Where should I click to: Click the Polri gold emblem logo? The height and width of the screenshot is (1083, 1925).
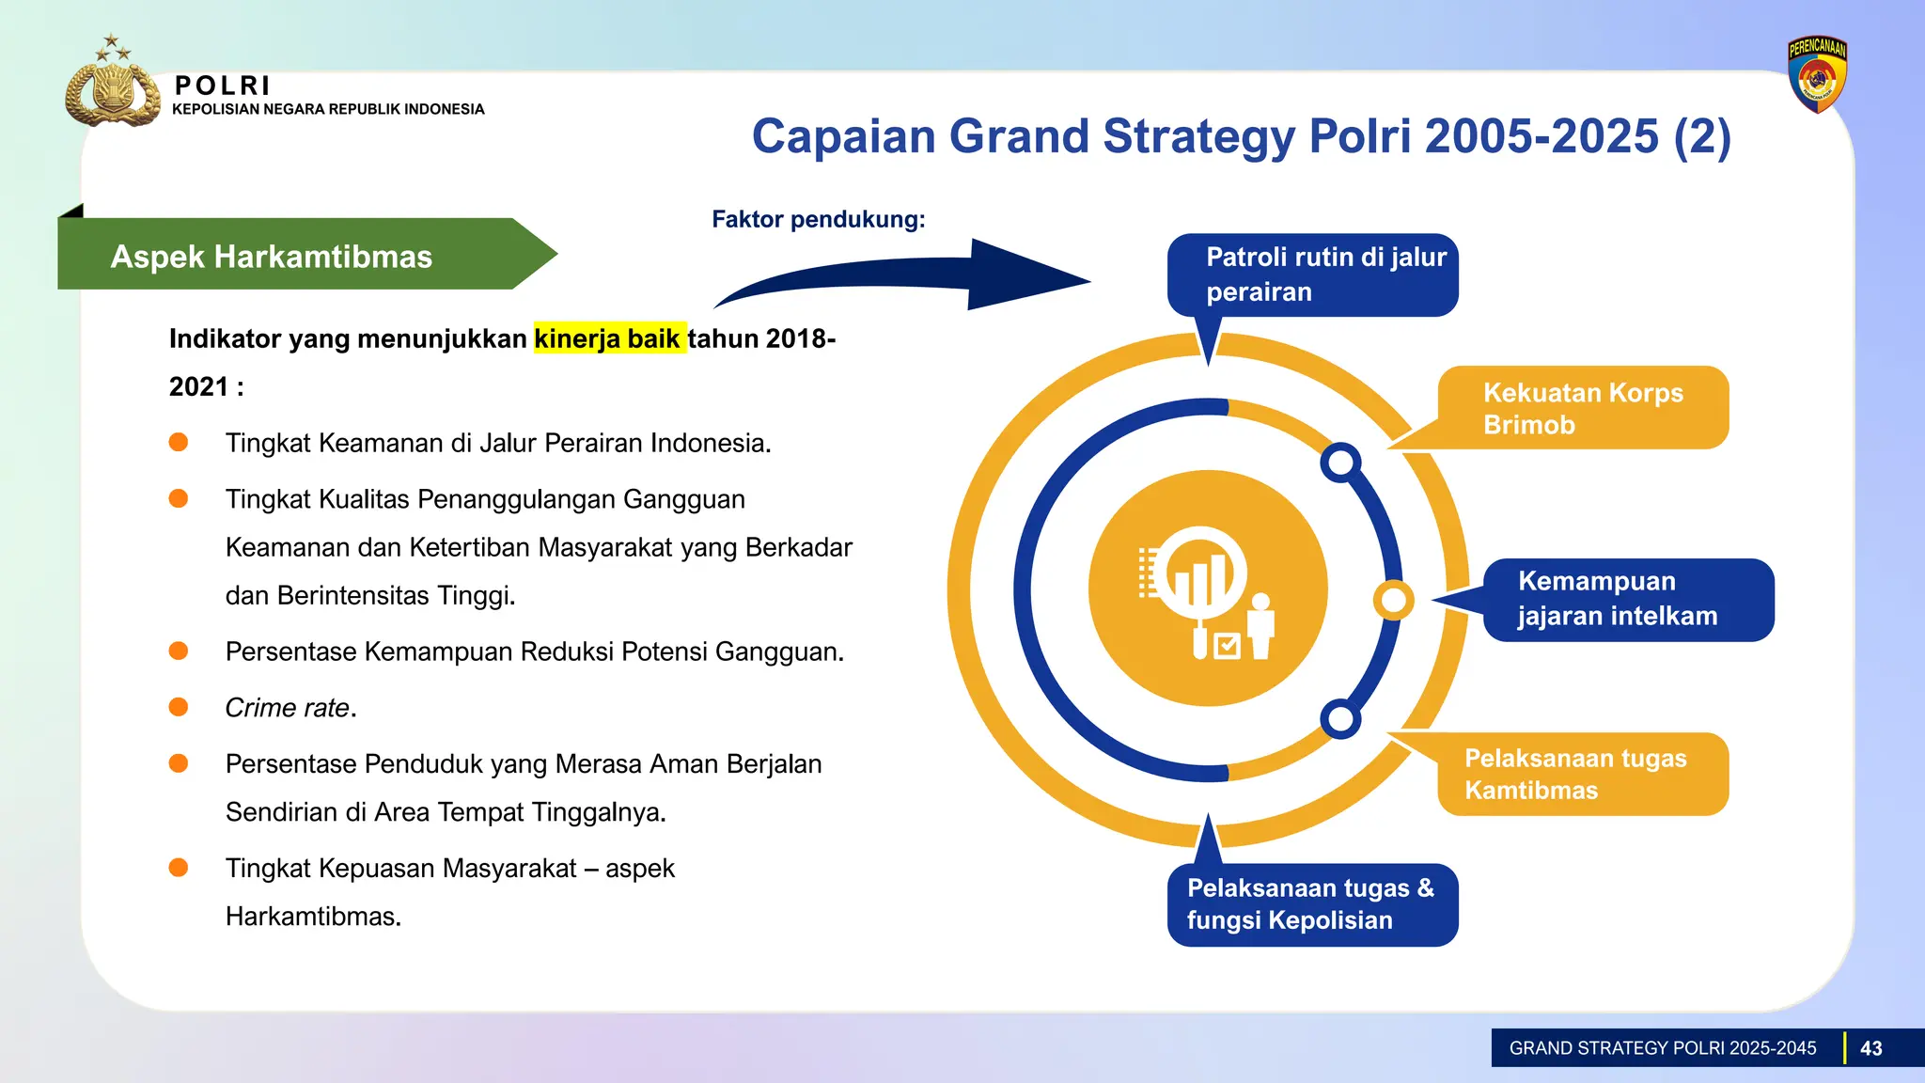112,88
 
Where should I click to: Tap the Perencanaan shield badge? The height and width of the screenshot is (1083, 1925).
1817,74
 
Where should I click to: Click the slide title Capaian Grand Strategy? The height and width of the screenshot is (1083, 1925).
1241,136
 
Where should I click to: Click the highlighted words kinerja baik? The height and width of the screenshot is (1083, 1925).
608,338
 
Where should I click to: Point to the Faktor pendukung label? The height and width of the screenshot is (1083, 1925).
818,219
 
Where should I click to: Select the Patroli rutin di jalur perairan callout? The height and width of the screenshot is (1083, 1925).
1312,275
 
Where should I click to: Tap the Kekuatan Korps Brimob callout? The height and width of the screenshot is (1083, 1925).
1583,408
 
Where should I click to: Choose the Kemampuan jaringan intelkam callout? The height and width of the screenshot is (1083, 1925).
1627,600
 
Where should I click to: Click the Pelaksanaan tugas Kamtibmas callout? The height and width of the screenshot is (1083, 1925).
1583,774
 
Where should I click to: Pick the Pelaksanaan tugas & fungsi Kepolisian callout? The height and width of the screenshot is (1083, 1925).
1312,904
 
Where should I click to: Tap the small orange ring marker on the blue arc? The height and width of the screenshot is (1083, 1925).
1392,600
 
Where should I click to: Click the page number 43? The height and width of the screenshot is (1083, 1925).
1870,1048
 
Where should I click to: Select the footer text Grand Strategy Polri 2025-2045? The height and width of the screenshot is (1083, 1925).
1662,1048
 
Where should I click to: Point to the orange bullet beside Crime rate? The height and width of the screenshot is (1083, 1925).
179,707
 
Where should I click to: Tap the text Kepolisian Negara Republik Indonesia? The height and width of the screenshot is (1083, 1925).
328,109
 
